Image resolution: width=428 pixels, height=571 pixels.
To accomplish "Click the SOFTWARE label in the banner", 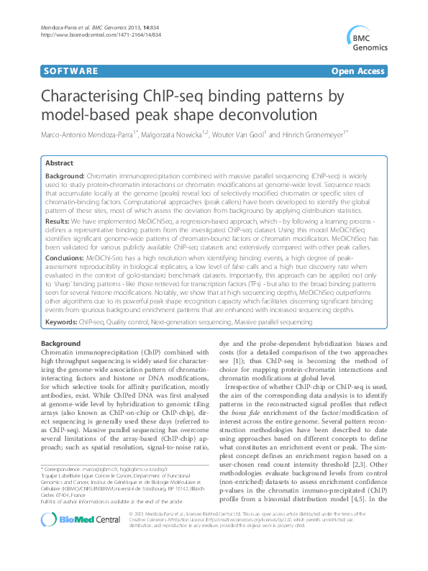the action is tap(70, 71).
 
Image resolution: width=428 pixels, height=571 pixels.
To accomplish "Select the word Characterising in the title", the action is tap(101, 97).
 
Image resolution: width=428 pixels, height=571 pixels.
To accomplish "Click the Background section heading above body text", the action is tap(60, 344).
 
